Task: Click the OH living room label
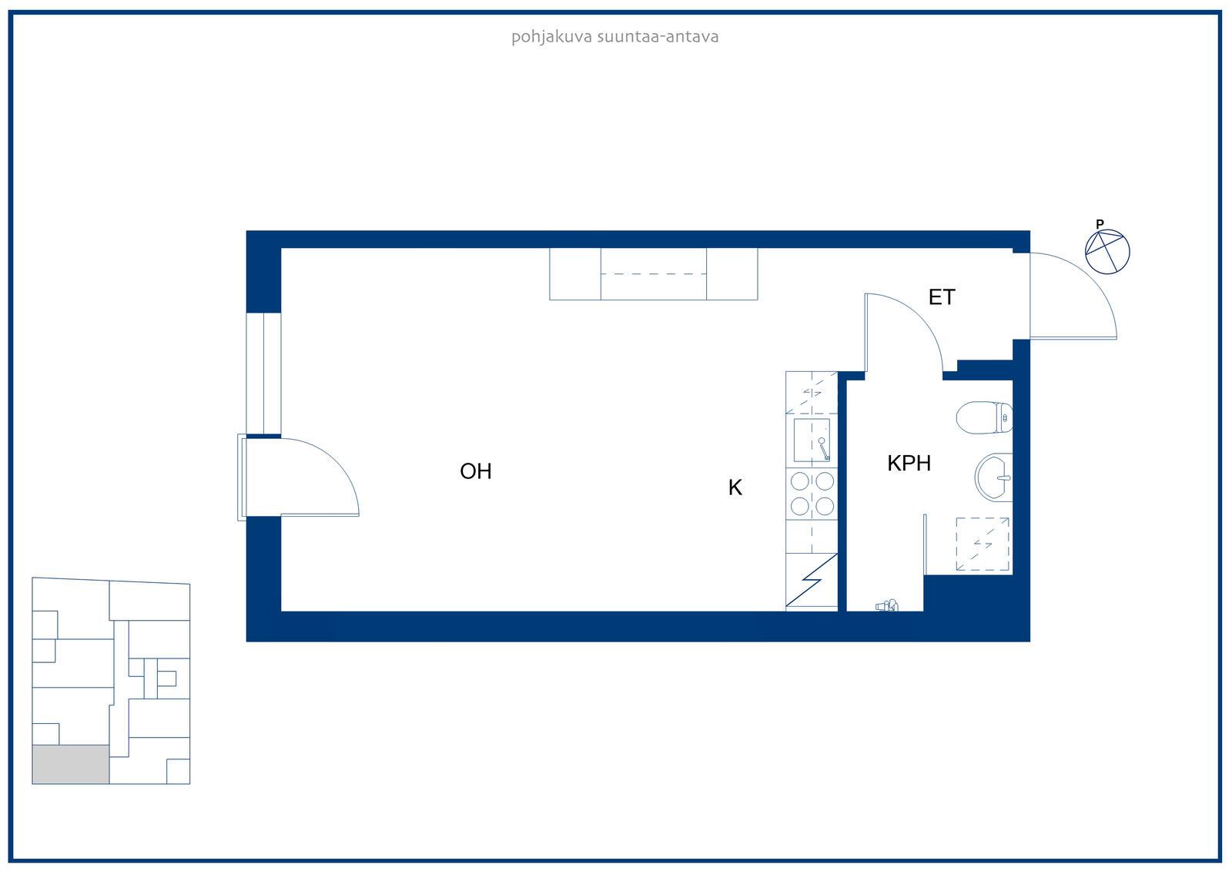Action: pyautogui.click(x=476, y=471)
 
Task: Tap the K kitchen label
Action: pyautogui.click(x=735, y=487)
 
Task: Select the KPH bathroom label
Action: pyautogui.click(x=909, y=464)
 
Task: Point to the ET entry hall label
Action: pyautogui.click(x=942, y=297)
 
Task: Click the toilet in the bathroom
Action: pyautogui.click(x=985, y=417)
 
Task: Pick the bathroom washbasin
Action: pyautogui.click(x=994, y=477)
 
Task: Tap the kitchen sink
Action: pyautogui.click(x=812, y=441)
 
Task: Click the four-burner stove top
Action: pyautogui.click(x=812, y=494)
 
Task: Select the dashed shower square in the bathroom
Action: pyautogui.click(x=983, y=544)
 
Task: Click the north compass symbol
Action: pyautogui.click(x=1107, y=252)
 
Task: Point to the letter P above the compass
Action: pyautogui.click(x=1100, y=224)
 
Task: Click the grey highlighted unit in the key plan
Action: pyautogui.click(x=70, y=764)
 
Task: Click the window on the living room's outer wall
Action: pyautogui.click(x=263, y=374)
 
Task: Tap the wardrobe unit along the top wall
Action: pyautogui.click(x=654, y=274)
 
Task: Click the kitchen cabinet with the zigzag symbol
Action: pyautogui.click(x=812, y=581)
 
